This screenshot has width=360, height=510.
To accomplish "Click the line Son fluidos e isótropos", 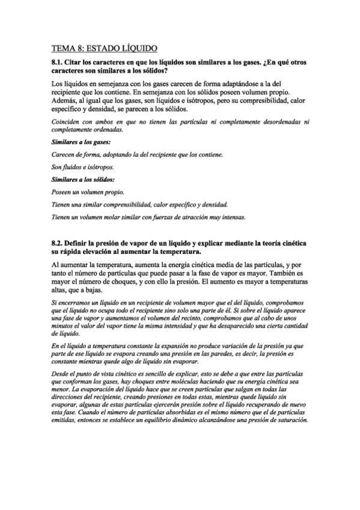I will pos(83,167).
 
